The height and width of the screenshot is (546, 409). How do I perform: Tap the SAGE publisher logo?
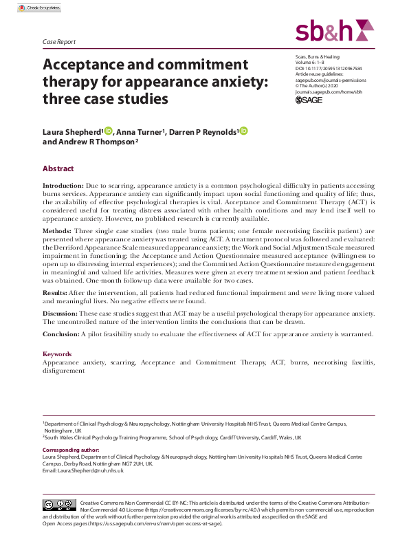[309, 99]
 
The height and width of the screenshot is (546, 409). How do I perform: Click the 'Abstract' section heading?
[58, 168]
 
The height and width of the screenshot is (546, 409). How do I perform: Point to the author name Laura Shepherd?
[71, 131]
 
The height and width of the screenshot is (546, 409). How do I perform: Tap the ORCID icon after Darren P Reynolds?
[243, 131]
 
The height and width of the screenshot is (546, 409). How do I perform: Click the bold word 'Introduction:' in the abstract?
[63, 186]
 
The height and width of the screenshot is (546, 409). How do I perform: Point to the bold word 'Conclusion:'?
[61, 334]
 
